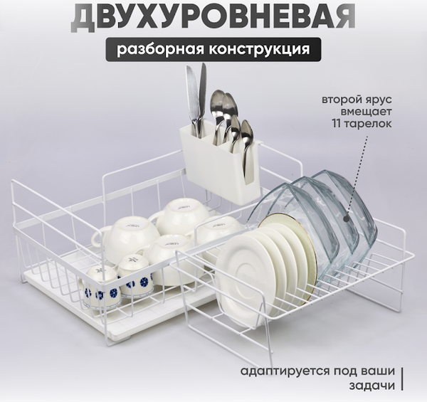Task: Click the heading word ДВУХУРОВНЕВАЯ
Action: pos(213,17)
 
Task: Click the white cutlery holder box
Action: pos(218,164)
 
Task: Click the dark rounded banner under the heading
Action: pos(213,50)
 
